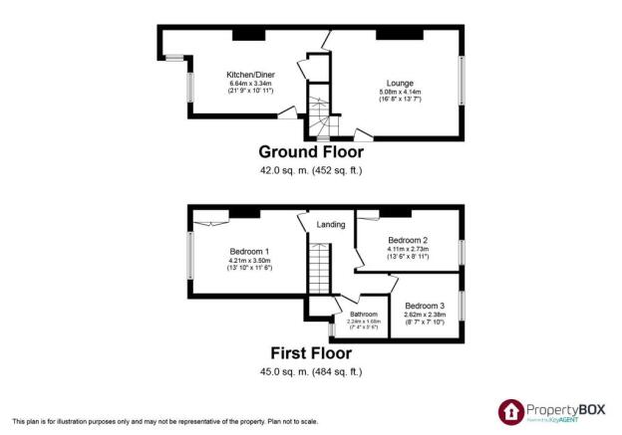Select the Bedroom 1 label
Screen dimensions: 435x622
(x=249, y=251)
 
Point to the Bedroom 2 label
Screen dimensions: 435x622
(x=408, y=240)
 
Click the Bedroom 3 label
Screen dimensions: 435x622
(x=425, y=305)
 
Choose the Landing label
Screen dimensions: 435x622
(x=331, y=225)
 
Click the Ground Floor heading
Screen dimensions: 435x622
(x=311, y=152)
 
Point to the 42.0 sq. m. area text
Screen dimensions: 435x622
(x=310, y=170)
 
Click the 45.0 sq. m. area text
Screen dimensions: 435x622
(x=310, y=371)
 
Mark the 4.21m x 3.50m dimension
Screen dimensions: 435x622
(x=249, y=260)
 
